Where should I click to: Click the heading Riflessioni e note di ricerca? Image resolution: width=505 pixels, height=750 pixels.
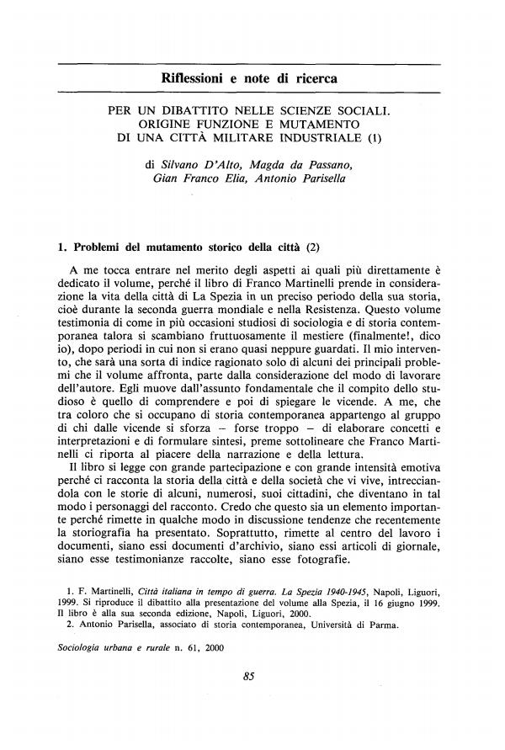point(252,79)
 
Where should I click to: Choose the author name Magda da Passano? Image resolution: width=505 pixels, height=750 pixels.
point(309,166)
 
